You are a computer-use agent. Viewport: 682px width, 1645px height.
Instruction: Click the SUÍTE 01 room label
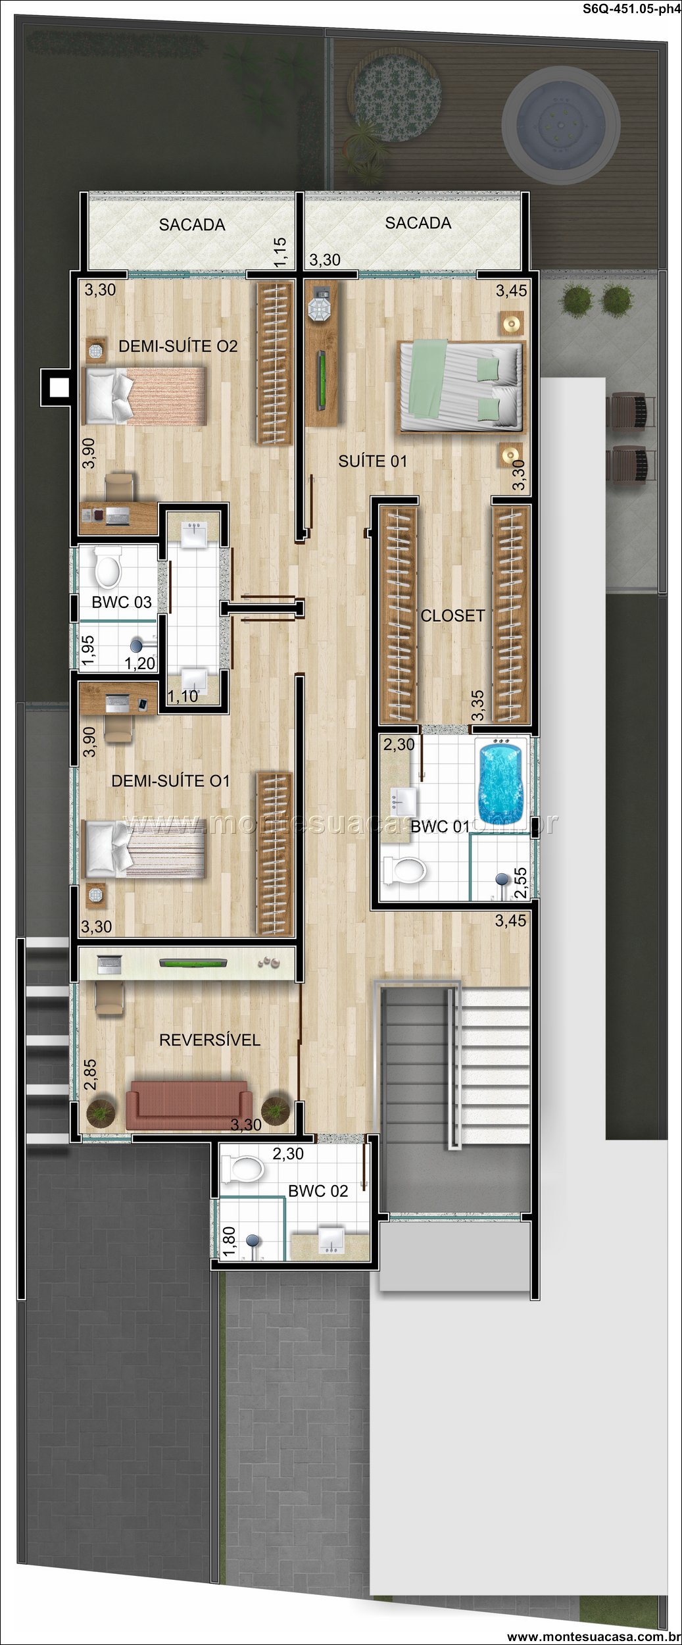pyautogui.click(x=372, y=461)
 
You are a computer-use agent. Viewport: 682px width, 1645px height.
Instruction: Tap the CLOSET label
pyautogui.click(x=452, y=615)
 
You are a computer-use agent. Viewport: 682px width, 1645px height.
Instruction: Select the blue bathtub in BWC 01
pyautogui.click(x=501, y=782)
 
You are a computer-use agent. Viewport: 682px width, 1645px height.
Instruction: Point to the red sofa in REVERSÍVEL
pyautogui.click(x=189, y=1105)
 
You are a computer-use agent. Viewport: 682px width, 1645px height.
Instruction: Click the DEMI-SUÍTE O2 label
pyautogui.click(x=178, y=346)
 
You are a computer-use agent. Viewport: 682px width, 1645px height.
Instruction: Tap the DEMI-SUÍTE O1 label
pyautogui.click(x=171, y=781)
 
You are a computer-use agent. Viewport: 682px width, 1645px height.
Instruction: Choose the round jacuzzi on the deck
pyautogui.click(x=560, y=122)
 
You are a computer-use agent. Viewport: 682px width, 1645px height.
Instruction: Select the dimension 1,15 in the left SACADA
pyautogui.click(x=280, y=252)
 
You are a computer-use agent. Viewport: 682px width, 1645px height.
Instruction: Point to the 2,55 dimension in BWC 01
pyautogui.click(x=520, y=883)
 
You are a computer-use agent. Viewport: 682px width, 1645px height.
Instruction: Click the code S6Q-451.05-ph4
pyautogui.click(x=631, y=9)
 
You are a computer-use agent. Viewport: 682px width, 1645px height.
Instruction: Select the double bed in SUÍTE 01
pyautogui.click(x=462, y=386)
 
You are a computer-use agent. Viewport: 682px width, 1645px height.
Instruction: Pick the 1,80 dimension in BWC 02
pyautogui.click(x=230, y=1241)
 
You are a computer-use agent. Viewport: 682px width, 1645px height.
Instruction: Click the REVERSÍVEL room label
pyautogui.click(x=210, y=1040)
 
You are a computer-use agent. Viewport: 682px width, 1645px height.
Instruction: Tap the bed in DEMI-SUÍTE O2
pyautogui.click(x=145, y=395)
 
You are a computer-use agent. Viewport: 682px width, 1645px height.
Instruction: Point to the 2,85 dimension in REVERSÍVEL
pyautogui.click(x=90, y=1075)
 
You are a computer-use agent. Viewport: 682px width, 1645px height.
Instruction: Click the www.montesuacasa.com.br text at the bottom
pyautogui.click(x=594, y=1636)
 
